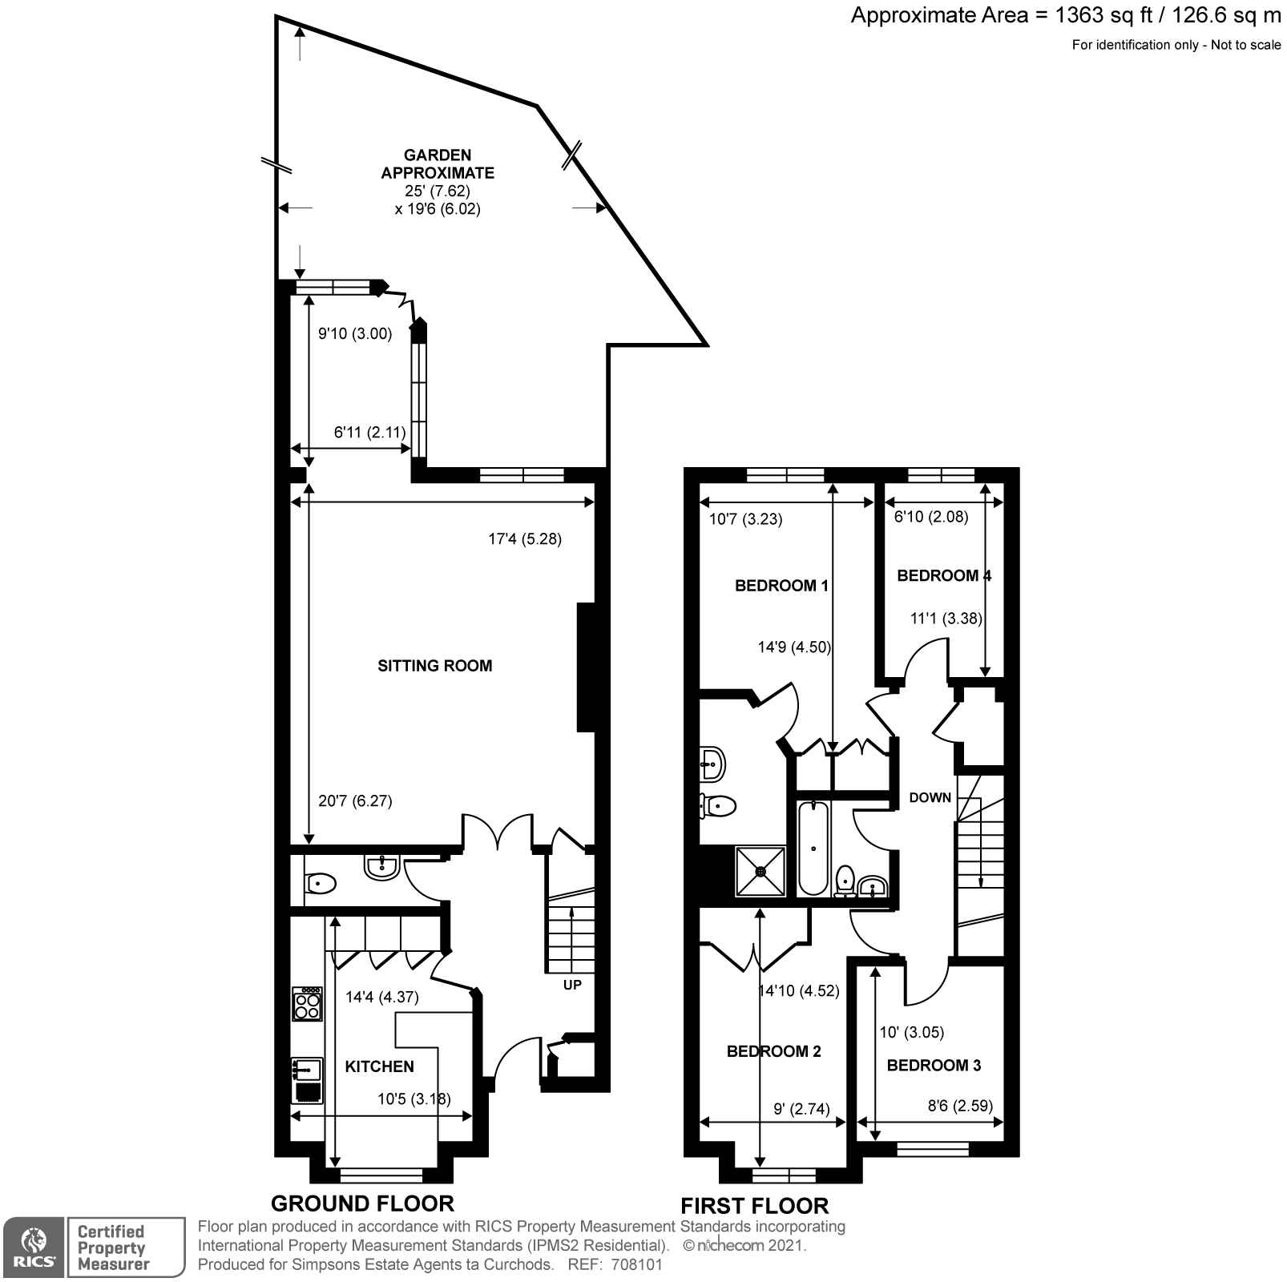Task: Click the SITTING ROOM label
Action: click(x=434, y=665)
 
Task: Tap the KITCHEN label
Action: click(x=379, y=1066)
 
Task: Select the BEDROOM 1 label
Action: click(x=781, y=586)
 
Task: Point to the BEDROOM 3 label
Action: click(x=934, y=1065)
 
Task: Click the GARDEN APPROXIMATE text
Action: click(x=438, y=163)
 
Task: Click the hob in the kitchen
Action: click(x=307, y=1003)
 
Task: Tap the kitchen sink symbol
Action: click(x=307, y=1070)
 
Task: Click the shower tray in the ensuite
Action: click(x=760, y=871)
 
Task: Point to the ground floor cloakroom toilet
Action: click(x=320, y=885)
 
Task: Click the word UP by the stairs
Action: click(x=572, y=985)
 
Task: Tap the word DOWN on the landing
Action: click(x=930, y=797)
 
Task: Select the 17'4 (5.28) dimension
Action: click(x=525, y=539)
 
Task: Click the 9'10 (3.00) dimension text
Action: click(x=355, y=333)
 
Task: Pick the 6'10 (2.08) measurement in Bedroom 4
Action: click(x=930, y=518)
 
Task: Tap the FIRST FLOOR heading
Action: click(x=754, y=1205)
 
